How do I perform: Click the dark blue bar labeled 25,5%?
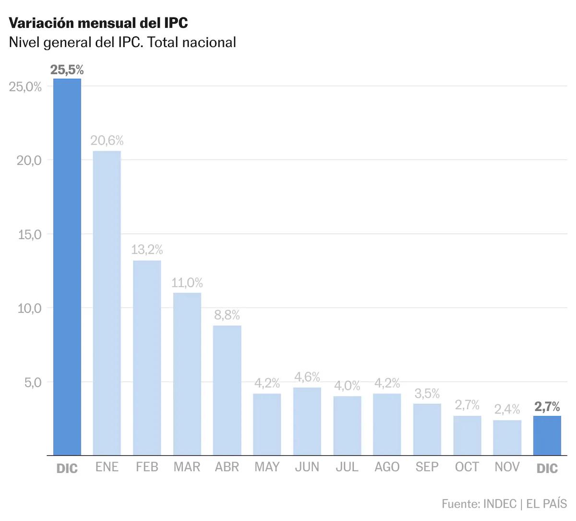pos(67,267)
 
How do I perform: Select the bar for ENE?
pos(107,303)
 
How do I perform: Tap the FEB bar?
pos(147,358)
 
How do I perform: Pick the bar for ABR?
pos(227,390)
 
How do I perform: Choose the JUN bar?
pos(307,421)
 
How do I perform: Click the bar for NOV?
pos(507,437)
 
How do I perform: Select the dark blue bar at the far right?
pos(547,436)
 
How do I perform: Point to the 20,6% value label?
pos(107,141)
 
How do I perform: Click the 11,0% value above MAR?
pos(187,282)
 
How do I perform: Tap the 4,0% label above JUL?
pos(347,386)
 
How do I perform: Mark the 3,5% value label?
pos(427,393)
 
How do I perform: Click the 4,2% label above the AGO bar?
pos(387,383)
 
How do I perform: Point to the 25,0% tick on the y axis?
pos(25,87)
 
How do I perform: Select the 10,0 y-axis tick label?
pos(30,308)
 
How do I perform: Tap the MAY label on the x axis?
pos(267,467)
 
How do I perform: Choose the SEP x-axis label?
pos(427,467)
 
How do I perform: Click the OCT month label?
pos(467,467)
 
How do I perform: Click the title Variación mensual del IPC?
pos(98,23)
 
